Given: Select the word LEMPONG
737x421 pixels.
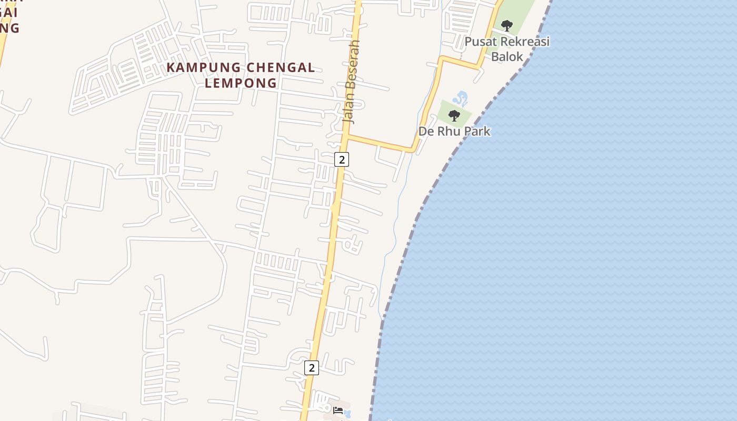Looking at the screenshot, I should [x=241, y=83].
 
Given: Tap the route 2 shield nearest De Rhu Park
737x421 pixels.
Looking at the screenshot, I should [x=342, y=159].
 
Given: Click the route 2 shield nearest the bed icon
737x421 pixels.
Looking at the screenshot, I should [x=311, y=368].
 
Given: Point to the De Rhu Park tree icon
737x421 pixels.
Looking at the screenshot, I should [x=454, y=115].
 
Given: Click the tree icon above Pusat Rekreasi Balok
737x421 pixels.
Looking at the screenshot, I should [x=506, y=25].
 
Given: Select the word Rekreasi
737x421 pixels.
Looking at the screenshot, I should [x=523, y=41].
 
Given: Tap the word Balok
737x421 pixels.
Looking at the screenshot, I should [x=507, y=56].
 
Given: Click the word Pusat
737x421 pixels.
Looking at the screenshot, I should [x=480, y=41].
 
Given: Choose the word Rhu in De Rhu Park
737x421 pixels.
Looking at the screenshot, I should [x=448, y=131].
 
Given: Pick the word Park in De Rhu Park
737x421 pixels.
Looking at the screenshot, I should [x=476, y=131].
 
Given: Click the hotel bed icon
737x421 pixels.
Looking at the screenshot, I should [x=338, y=410].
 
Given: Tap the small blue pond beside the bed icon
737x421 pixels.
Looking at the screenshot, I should [x=347, y=413].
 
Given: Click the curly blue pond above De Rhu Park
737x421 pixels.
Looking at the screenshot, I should [x=460, y=98].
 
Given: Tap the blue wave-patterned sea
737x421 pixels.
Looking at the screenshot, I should [x=579, y=237].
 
